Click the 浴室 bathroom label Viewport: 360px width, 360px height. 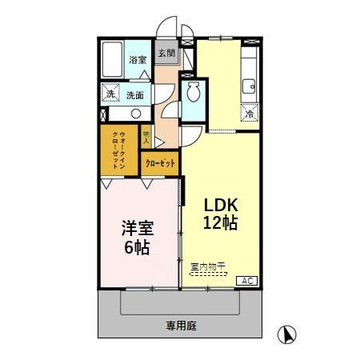(x=138, y=59)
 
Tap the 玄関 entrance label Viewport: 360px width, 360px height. (x=166, y=54)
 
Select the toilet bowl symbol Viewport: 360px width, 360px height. (x=191, y=94)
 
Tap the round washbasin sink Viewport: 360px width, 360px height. (x=135, y=111)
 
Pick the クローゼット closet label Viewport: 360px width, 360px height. (x=162, y=163)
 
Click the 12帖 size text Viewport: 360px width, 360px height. (x=218, y=223)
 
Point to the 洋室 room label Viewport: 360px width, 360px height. (x=135, y=227)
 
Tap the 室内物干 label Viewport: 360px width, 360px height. (x=206, y=266)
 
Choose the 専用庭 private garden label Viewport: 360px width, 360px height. (x=182, y=326)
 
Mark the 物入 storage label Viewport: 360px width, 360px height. (x=146, y=136)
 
